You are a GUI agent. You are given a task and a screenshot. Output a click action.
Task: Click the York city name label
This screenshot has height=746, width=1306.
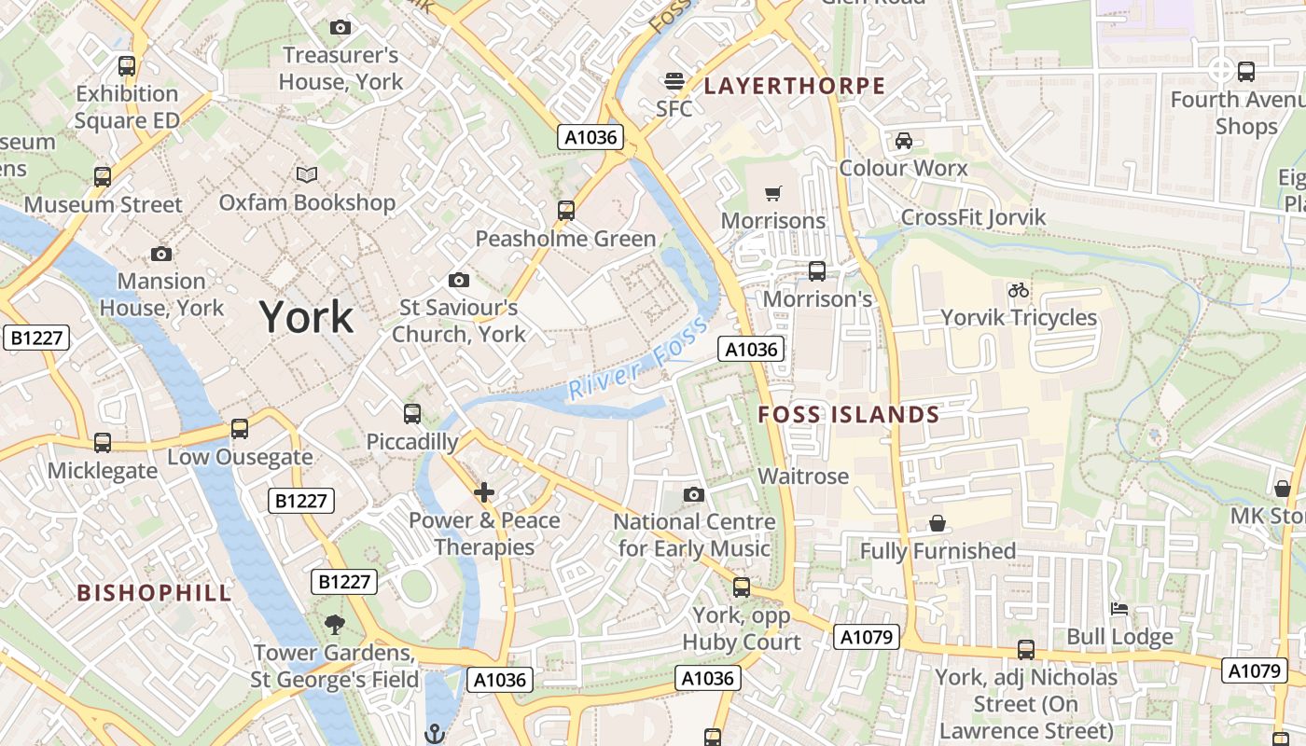pos(306,318)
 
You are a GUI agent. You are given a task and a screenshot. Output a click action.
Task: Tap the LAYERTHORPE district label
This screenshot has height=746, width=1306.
pos(794,87)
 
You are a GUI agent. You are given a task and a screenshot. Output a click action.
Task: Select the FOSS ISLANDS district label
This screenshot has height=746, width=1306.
pos(848,415)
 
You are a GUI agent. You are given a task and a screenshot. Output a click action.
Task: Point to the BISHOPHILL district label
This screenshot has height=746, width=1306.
pos(154,593)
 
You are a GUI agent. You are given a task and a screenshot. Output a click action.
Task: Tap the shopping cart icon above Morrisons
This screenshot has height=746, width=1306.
pos(772,194)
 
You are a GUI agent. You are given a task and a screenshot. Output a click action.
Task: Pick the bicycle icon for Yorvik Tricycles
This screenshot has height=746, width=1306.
pos(1019,290)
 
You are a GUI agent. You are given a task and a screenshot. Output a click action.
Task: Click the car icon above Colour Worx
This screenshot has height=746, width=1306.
pos(903,141)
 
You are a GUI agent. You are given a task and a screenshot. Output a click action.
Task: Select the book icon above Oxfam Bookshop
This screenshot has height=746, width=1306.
pos(307,174)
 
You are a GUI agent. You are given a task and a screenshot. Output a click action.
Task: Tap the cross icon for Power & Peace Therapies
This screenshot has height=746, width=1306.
pos(483,492)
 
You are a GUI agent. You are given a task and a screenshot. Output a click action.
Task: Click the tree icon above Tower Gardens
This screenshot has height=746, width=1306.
pos(334,625)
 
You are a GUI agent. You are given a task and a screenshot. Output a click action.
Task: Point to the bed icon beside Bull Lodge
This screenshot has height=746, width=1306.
pos(1119,610)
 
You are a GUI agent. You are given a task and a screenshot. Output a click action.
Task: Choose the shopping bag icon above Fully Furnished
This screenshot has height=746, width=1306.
pos(938,523)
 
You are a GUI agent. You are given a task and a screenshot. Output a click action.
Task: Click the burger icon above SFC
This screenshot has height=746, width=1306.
pos(674,81)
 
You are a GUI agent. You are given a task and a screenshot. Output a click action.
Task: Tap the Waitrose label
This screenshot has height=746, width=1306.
pos(803,477)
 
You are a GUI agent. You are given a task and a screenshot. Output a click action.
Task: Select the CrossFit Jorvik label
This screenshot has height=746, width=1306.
pos(973,217)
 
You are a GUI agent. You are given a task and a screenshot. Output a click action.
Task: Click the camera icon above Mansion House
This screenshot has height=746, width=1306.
pos(161,254)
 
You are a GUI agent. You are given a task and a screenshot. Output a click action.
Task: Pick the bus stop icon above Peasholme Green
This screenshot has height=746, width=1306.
pos(566,211)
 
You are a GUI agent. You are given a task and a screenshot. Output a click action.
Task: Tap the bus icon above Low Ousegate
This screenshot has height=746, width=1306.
pos(240,429)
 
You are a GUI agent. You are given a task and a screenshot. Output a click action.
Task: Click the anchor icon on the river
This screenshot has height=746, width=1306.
pos(434,734)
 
